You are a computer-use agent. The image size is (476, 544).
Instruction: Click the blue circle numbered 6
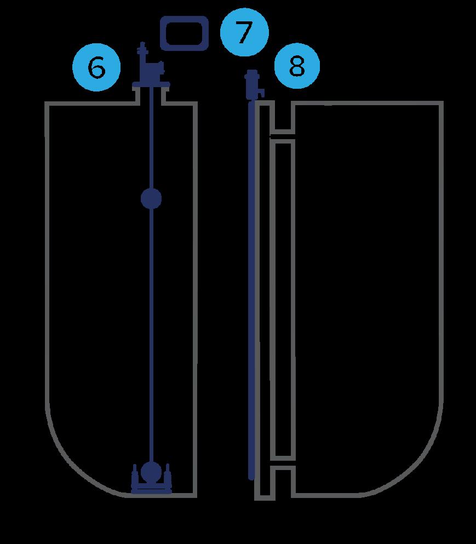96,68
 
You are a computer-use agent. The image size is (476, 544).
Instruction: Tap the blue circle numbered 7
244,33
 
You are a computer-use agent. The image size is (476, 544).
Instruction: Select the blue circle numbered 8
296,67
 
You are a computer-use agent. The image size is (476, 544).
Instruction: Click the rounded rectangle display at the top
184,33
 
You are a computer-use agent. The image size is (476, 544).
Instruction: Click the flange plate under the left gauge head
151,85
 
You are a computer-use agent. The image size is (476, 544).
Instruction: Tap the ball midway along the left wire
151,198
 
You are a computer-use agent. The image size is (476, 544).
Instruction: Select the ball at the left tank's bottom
151,470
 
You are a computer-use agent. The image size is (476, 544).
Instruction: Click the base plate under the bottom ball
151,489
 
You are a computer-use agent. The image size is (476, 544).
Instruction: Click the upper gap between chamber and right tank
283,134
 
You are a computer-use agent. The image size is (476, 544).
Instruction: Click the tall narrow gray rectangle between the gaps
283,299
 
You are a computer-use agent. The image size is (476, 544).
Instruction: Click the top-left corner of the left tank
47,104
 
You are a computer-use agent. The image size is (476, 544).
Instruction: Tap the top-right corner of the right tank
441,104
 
